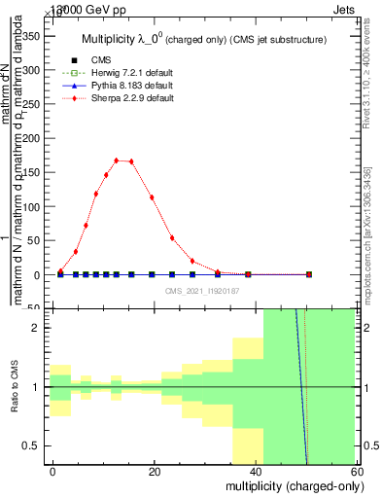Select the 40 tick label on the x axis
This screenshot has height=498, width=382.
point(255,469)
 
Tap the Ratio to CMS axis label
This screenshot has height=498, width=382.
point(14,387)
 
